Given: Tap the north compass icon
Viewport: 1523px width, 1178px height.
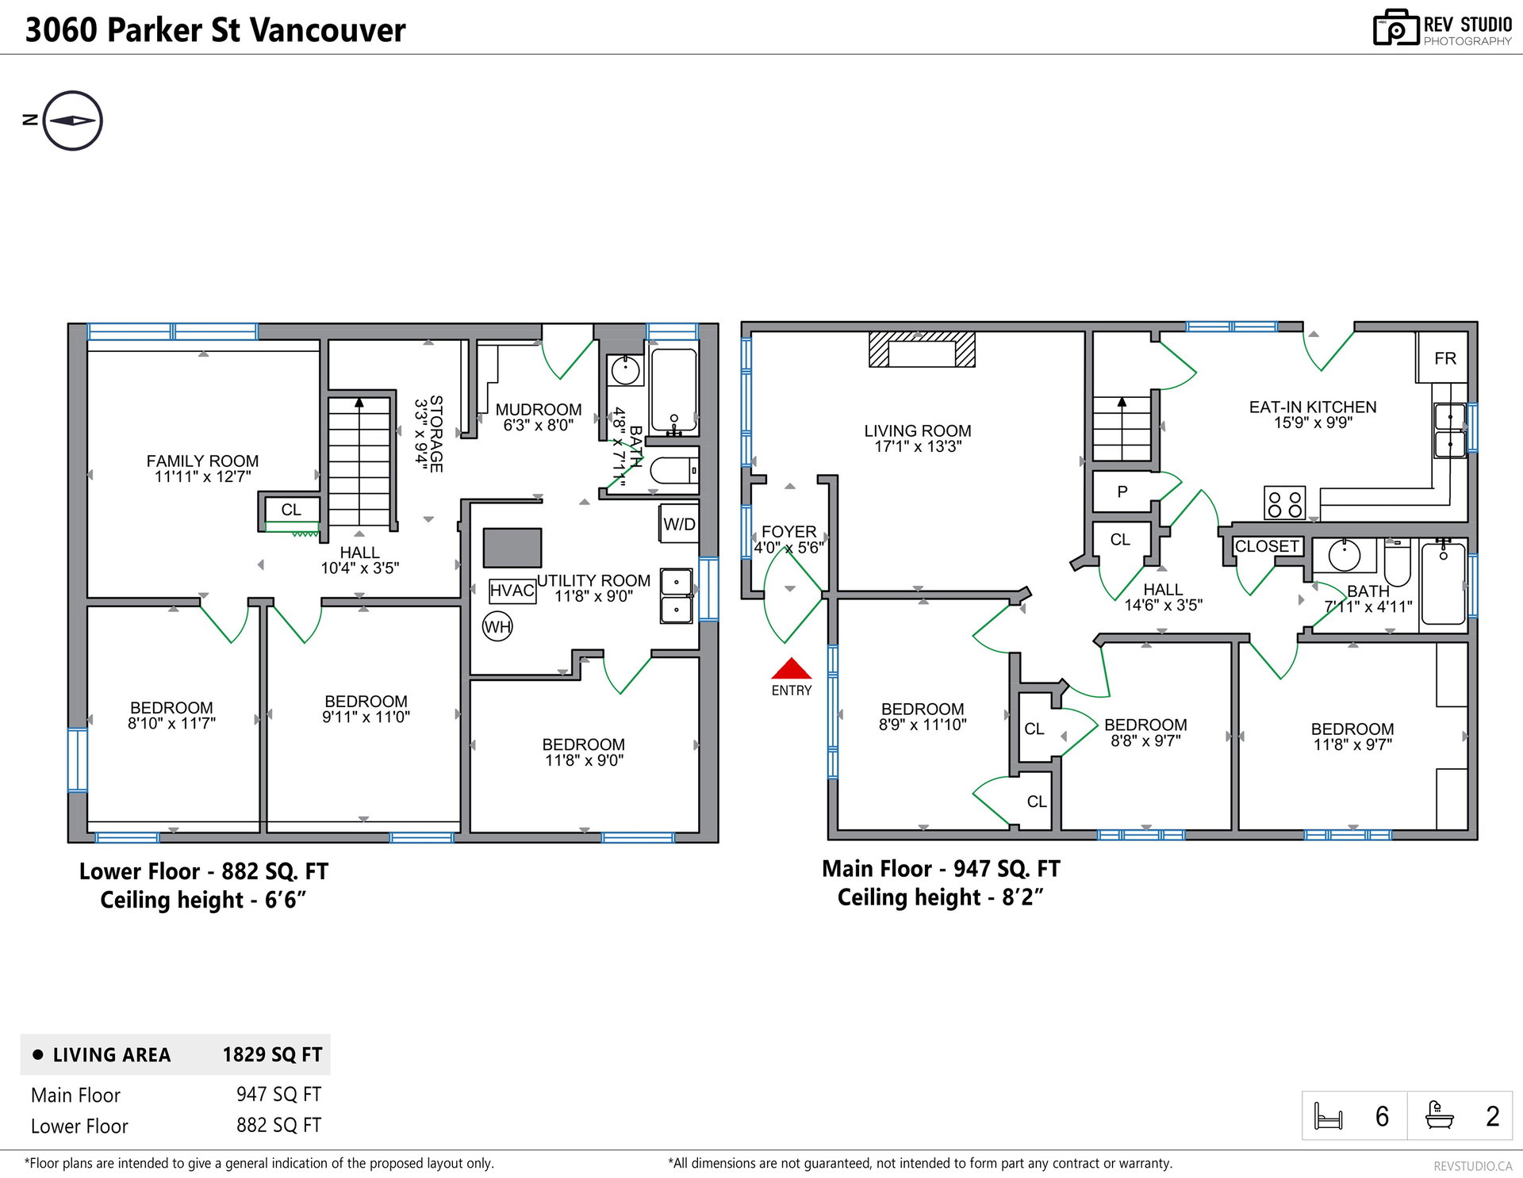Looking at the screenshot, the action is coord(72,120).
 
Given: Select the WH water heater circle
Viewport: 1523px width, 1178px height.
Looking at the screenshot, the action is coord(497,627).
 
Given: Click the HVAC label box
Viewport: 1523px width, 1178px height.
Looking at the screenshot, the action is coord(512,591).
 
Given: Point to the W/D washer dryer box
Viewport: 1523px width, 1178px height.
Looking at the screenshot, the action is coord(679,524).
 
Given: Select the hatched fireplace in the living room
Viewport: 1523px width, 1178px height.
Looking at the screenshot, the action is coord(922,350).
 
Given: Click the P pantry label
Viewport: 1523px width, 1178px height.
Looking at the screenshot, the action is coord(1122,491).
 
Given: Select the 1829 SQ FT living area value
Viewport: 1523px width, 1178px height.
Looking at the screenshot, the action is coord(272,1054).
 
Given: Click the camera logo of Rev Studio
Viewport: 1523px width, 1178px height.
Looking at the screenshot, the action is coord(1396,28).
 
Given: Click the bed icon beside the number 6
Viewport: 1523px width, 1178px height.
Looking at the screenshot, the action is coord(1329,1116).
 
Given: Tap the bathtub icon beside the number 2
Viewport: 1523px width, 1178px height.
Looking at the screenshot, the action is coord(1440,1115).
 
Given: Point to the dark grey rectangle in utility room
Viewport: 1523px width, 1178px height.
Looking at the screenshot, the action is coord(512,548).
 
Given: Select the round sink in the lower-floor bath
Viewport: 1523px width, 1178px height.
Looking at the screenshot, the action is coord(625,370).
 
